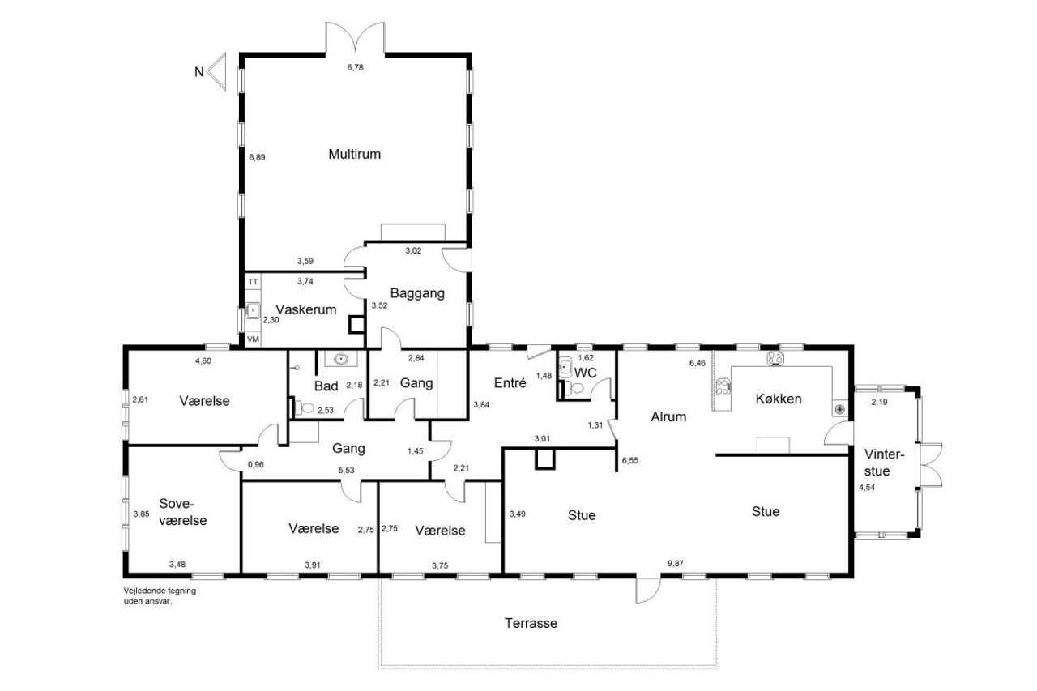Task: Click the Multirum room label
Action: (x=354, y=154)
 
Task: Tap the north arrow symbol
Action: (x=216, y=71)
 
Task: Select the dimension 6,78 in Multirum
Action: (x=355, y=67)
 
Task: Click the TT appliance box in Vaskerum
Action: (x=253, y=282)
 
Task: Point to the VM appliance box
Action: (x=253, y=339)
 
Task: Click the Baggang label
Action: (x=417, y=293)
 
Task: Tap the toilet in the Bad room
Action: (x=304, y=407)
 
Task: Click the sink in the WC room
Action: (x=565, y=368)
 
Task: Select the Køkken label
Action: (x=779, y=399)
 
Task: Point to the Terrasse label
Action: (x=531, y=623)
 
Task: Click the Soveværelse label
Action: (x=182, y=512)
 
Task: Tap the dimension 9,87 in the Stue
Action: (x=676, y=563)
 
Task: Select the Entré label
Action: (x=510, y=382)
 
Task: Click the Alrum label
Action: (x=668, y=416)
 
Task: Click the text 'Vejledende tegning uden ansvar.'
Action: (x=160, y=596)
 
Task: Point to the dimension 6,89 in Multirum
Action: (x=257, y=157)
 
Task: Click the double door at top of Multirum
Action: (x=355, y=37)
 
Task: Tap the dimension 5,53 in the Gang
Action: (x=346, y=470)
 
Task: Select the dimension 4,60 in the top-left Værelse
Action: (x=203, y=361)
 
